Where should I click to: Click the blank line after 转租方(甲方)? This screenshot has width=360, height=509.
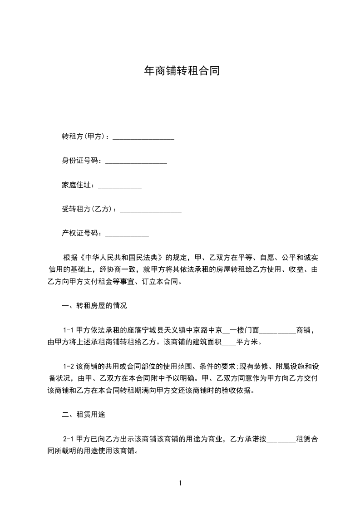point(143,137)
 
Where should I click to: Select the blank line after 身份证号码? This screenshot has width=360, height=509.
point(136,161)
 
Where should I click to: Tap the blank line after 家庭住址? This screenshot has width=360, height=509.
point(120,186)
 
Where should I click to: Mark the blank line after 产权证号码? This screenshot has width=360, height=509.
point(127,235)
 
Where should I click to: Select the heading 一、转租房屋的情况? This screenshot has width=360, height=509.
point(94,306)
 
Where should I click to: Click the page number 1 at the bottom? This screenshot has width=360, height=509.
point(180,483)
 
